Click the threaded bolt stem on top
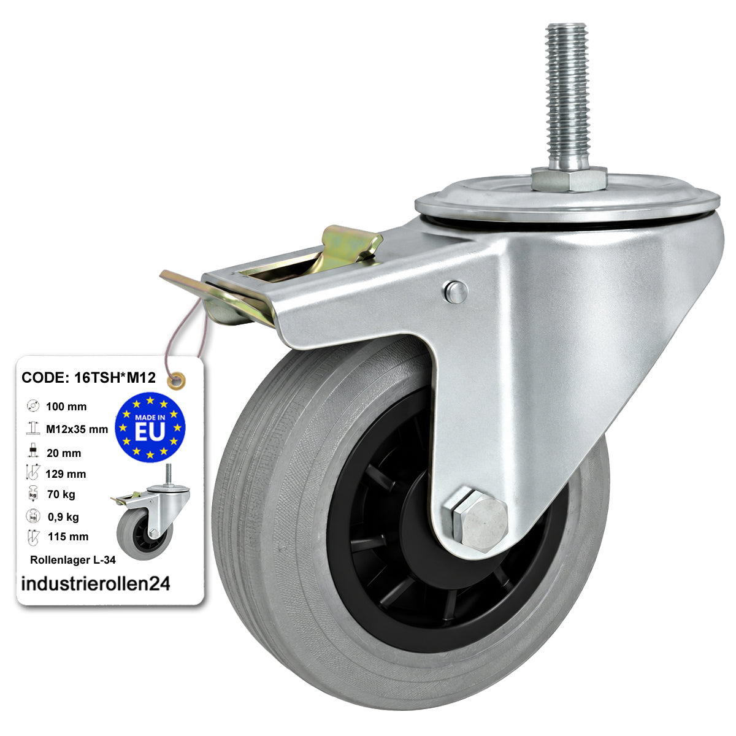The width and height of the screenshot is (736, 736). pos(567,96)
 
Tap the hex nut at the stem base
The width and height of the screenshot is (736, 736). pos(569,179)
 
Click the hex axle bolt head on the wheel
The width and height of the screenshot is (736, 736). pos(480,521)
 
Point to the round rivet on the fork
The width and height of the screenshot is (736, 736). pos(455,292)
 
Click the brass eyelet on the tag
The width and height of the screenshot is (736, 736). pos(177,380)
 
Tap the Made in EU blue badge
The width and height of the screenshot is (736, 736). pos(150,427)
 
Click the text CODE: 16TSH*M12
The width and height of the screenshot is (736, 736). pos(88,377)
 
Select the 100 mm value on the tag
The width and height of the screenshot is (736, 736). pos(66,407)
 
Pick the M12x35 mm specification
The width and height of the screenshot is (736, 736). pos(77,429)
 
